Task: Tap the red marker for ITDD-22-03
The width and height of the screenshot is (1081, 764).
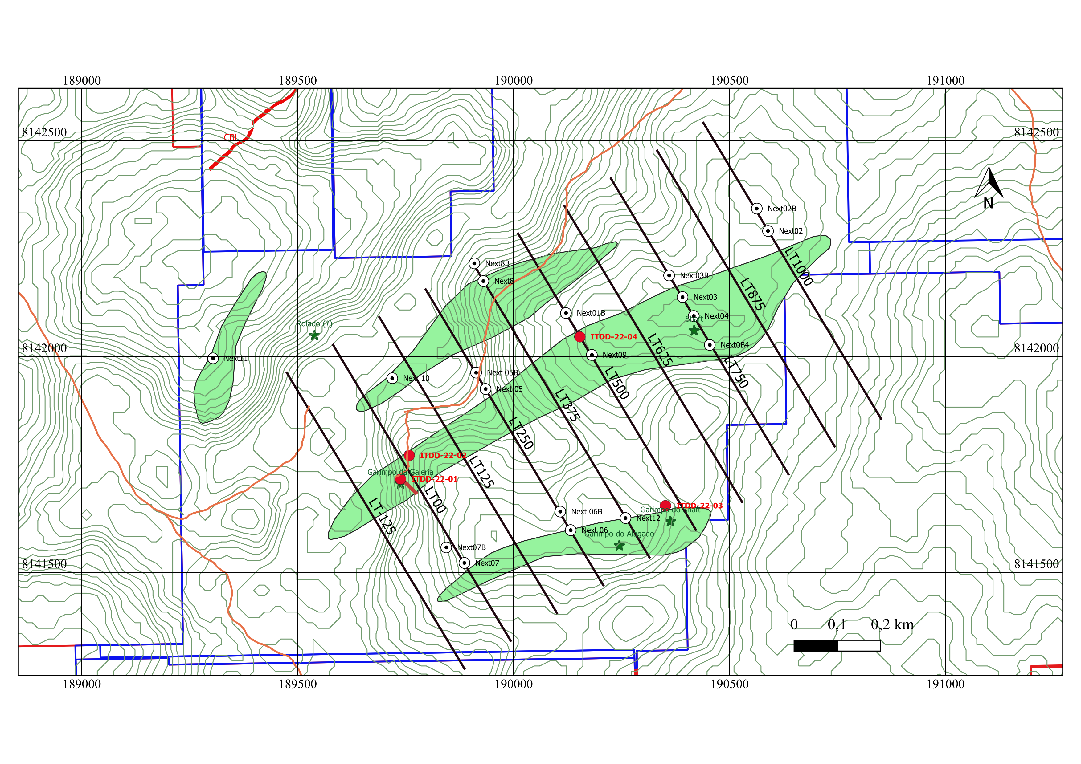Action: click(665, 506)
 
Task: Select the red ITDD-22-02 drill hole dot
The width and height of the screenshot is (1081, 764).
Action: click(409, 455)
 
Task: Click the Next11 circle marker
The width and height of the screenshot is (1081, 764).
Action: click(213, 359)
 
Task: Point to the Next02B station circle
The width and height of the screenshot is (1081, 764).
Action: click(757, 209)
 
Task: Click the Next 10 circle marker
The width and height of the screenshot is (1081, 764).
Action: click(392, 378)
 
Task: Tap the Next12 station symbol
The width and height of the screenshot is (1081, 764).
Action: click(625, 518)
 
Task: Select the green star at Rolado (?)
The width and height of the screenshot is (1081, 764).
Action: click(314, 335)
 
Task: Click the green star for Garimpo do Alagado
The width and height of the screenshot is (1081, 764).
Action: click(620, 546)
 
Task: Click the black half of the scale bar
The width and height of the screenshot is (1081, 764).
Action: click(816, 645)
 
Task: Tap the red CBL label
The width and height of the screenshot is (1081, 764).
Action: click(231, 137)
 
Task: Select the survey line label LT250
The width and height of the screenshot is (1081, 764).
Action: click(522, 433)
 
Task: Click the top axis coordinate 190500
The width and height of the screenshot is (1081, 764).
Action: click(729, 80)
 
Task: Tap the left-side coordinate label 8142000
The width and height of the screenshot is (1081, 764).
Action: click(44, 348)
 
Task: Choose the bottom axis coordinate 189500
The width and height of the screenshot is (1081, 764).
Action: click(297, 684)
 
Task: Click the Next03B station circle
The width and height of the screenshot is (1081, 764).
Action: click(669, 275)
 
